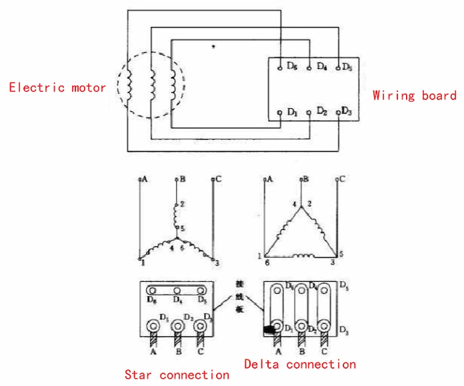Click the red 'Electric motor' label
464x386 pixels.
pos(57,87)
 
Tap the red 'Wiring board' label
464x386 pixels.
pos(414,96)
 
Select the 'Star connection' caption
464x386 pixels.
pos(177,375)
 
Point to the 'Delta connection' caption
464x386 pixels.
pos(300,364)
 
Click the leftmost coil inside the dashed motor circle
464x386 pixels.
pos(129,84)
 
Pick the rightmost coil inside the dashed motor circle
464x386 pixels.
pos(174,85)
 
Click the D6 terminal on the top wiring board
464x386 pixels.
pos(279,67)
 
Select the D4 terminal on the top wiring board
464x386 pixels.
pos(309,67)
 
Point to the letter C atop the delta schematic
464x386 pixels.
pos(342,179)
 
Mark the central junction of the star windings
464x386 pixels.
pos(176,239)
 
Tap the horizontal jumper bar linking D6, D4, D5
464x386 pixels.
pos(176,290)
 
